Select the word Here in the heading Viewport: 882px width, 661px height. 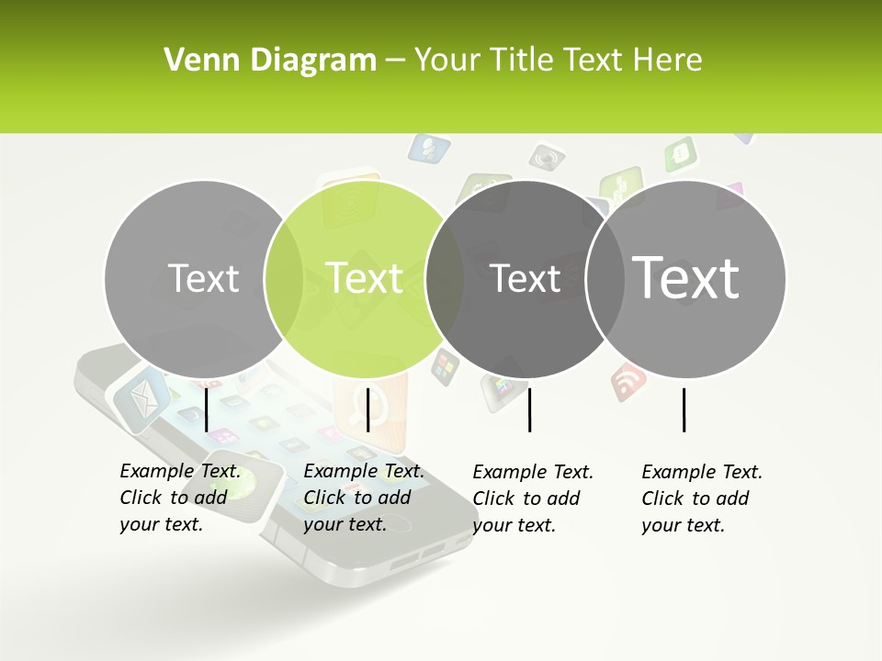click(x=667, y=61)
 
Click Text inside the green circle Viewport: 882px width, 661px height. click(x=365, y=277)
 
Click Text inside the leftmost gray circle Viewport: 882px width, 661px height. click(x=204, y=278)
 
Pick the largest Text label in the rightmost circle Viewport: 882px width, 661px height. click(x=686, y=276)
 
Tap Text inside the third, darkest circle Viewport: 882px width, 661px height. click(x=526, y=278)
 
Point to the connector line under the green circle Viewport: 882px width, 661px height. click(x=367, y=409)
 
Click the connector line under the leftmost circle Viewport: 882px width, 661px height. click(x=207, y=409)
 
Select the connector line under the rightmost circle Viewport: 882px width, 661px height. click(x=684, y=409)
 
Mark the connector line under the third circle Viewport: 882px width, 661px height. click(x=529, y=409)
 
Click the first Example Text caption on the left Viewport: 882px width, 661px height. click(x=179, y=498)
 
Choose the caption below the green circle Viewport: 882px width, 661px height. click(x=363, y=498)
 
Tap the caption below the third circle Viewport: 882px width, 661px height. click(x=532, y=499)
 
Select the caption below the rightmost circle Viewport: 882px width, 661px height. click(x=701, y=499)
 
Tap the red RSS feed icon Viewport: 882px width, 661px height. click(x=628, y=380)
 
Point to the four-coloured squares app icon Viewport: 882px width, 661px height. click(x=446, y=367)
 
